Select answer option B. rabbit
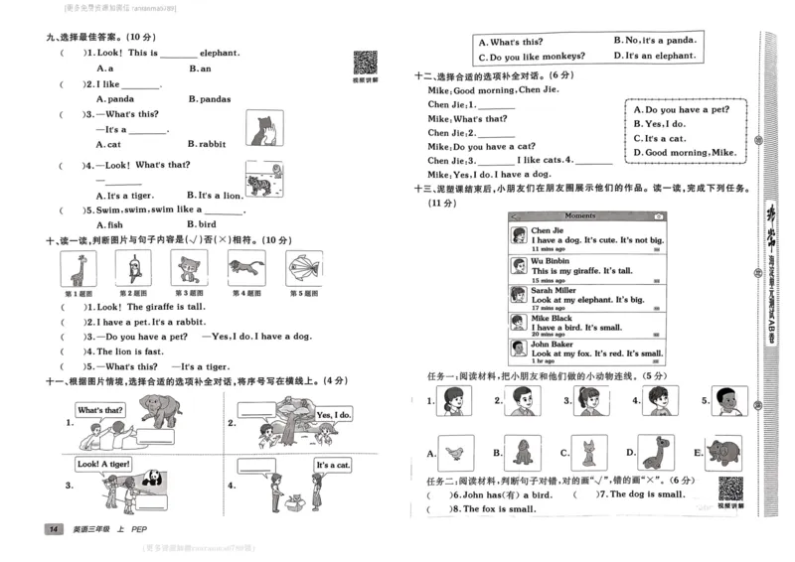point(206,144)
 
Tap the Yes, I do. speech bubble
point(333,414)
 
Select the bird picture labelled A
point(456,452)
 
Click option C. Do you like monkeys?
point(528,57)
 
